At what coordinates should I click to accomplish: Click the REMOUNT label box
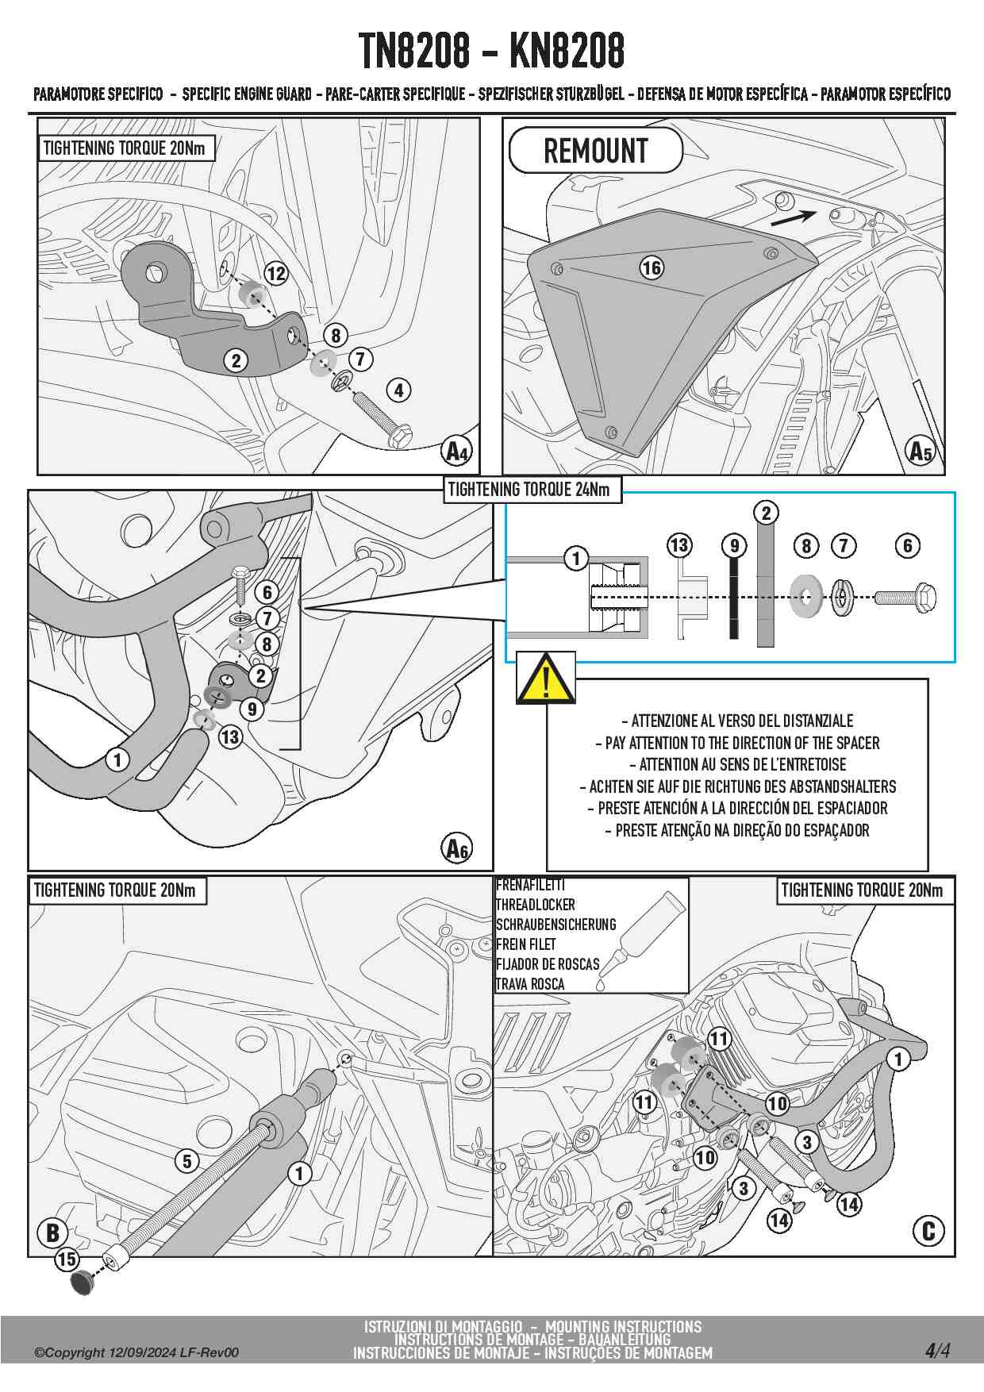pos(595,150)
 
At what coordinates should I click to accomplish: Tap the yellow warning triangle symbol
pos(546,679)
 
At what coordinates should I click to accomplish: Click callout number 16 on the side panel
pos(652,267)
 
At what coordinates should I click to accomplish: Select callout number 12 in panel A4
pos(275,274)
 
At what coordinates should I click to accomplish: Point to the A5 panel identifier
pos(920,451)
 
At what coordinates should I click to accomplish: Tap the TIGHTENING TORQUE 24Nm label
pos(529,490)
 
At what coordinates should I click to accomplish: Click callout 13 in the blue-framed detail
pos(679,545)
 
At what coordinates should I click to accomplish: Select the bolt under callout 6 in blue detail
pos(905,597)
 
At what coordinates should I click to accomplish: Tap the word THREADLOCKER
pos(535,905)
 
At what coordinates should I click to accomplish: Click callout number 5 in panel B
pos(186,1162)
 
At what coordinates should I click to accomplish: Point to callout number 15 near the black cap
pos(67,1259)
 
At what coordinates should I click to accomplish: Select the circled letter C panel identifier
pos(928,1231)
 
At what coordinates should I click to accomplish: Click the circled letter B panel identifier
pos(52,1232)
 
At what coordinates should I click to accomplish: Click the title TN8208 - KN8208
pos(491,51)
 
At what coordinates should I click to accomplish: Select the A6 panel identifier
pos(457,848)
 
